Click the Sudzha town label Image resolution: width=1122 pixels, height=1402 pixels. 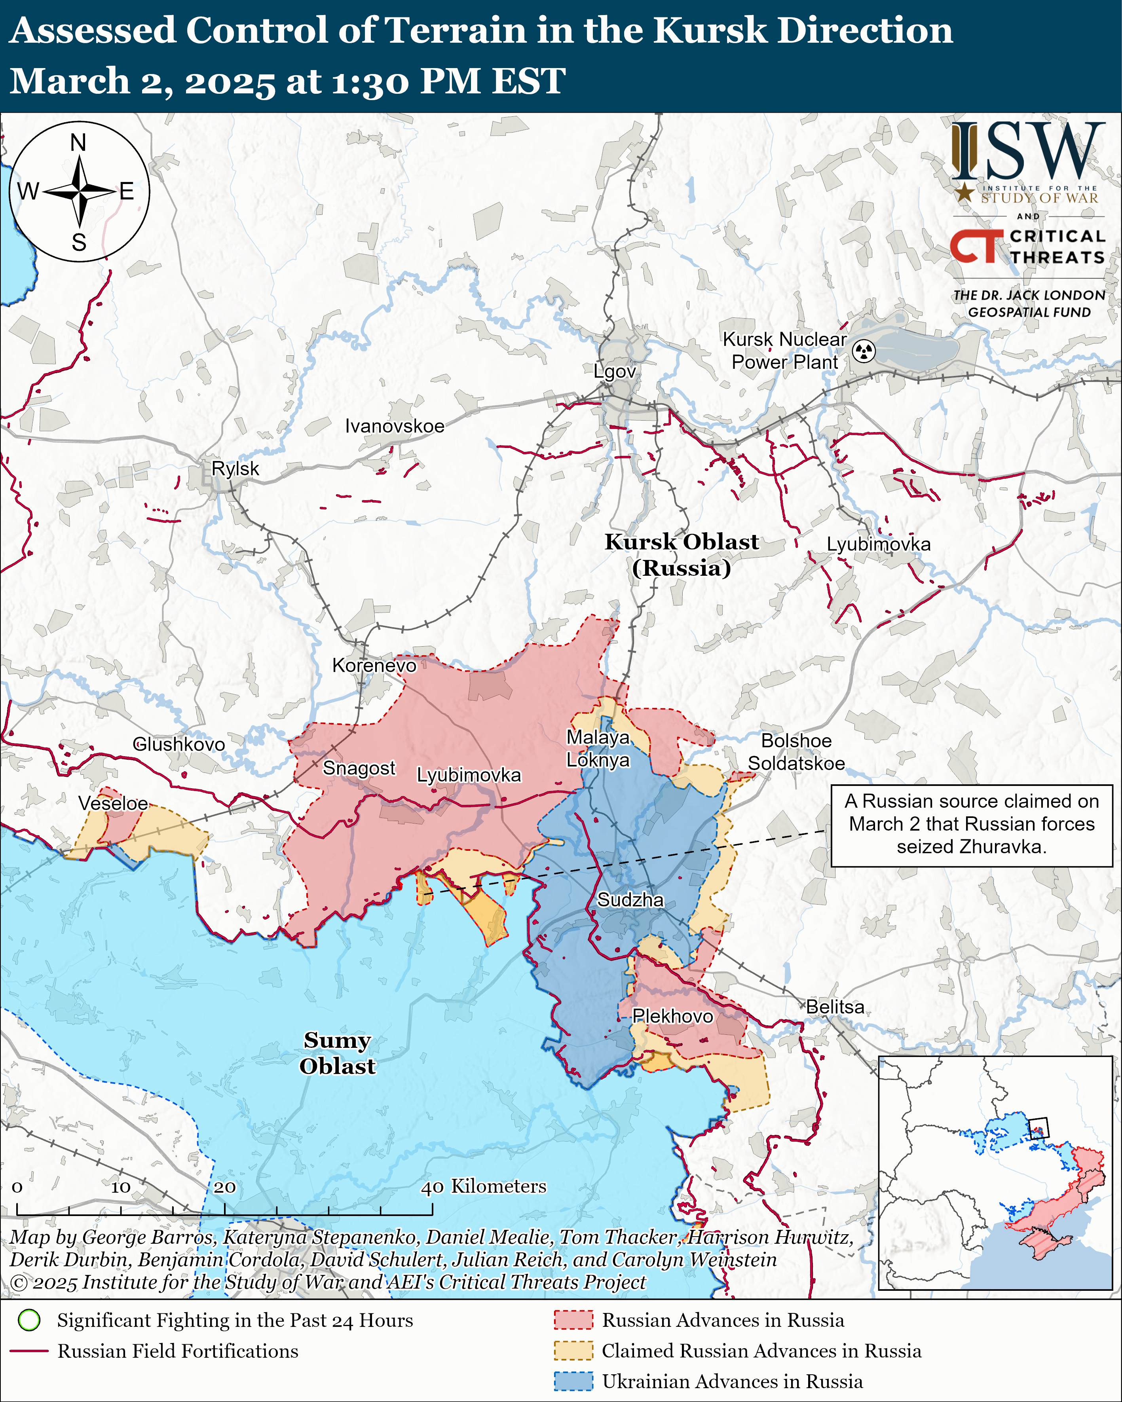click(630, 900)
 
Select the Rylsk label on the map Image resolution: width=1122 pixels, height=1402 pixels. click(235, 468)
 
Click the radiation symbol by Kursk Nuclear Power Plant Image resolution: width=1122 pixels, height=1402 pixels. click(864, 351)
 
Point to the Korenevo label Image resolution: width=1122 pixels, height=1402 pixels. click(374, 665)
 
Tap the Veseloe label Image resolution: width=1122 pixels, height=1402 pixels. click(113, 803)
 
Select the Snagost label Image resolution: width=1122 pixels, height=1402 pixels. click(359, 768)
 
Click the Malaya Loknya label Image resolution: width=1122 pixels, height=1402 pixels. click(598, 748)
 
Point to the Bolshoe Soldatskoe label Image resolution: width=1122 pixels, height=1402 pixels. click(796, 752)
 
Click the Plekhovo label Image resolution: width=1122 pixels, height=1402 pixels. click(672, 1016)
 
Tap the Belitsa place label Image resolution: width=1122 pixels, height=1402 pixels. click(835, 1007)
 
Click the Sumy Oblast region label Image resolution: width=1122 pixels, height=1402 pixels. click(337, 1053)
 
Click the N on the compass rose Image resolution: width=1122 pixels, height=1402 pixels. click(78, 142)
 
